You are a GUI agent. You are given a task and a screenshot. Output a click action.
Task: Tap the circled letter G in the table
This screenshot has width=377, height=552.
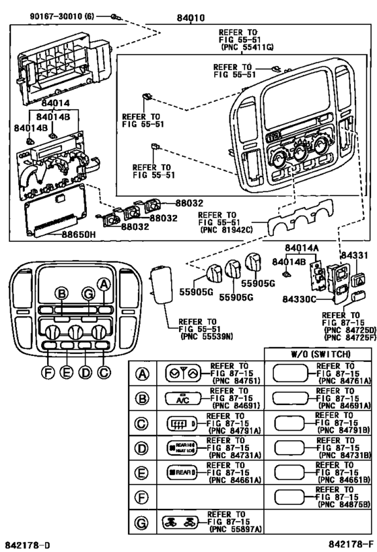point(141,522)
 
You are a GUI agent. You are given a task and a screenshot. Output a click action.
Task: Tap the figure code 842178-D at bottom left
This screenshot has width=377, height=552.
point(28,543)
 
